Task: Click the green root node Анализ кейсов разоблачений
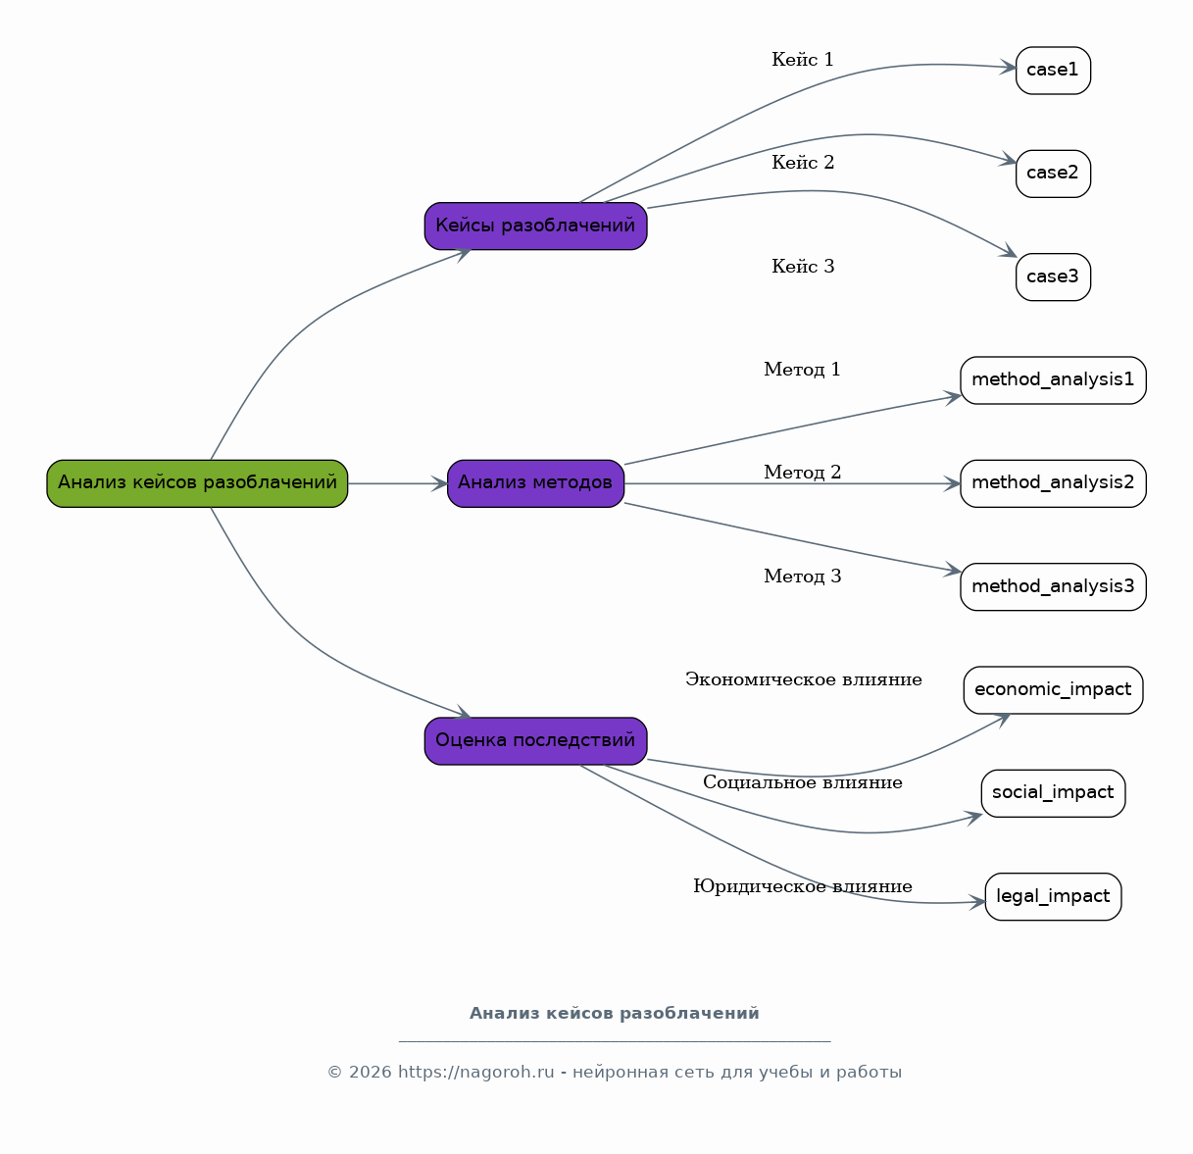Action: click(197, 483)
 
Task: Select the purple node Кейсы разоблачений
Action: click(535, 226)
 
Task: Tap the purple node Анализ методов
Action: click(535, 483)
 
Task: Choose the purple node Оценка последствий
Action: click(535, 740)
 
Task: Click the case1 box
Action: click(1053, 71)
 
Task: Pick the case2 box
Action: click(1053, 174)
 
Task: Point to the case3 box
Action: click(1053, 277)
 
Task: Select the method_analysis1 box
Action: click(1053, 380)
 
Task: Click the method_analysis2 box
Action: click(1053, 483)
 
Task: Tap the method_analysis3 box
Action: click(1053, 587)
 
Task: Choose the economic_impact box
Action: click(1053, 690)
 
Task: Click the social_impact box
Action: click(1053, 793)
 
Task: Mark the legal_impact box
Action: click(1053, 896)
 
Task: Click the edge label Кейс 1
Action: click(803, 60)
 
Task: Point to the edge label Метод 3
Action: click(803, 577)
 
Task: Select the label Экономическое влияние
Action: click(803, 679)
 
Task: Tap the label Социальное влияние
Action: click(803, 782)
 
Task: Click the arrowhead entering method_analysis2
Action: click(952, 483)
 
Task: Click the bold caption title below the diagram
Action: click(615, 1013)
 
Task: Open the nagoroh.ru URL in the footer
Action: click(475, 1072)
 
